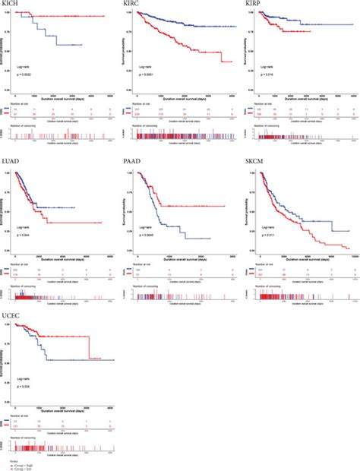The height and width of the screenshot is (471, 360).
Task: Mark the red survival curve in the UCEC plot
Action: [68, 337]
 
